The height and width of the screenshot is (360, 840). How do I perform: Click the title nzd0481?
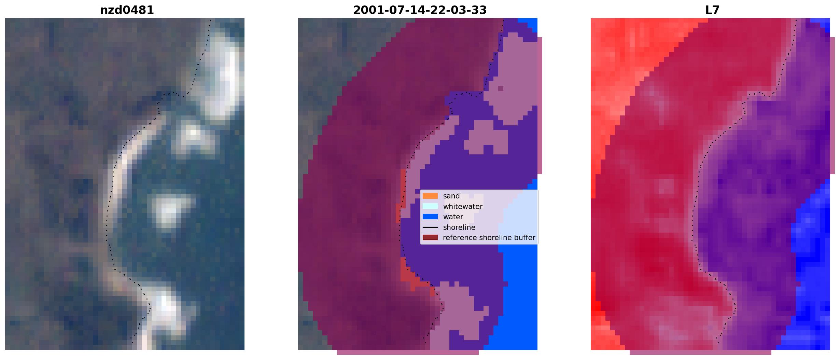point(127,10)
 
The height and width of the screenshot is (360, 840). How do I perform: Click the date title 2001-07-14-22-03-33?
point(420,10)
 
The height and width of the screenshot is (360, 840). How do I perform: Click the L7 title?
point(712,10)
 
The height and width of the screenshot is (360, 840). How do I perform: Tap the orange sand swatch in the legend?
point(430,196)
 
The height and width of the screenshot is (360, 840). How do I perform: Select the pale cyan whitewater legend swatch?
point(430,206)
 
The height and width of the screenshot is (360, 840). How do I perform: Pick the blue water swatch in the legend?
point(430,217)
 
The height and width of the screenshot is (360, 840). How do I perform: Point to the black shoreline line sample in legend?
point(430,227)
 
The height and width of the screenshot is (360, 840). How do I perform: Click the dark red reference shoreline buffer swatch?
point(430,237)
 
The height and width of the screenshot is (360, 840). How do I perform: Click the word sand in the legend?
point(451,196)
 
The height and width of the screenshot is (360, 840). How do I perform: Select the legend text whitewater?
point(463,206)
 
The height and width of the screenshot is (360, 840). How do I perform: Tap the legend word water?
point(453,217)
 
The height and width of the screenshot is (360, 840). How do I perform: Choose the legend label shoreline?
point(459,227)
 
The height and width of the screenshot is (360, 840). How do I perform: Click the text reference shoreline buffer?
point(489,238)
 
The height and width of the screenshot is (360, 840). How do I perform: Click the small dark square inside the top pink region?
point(501,88)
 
